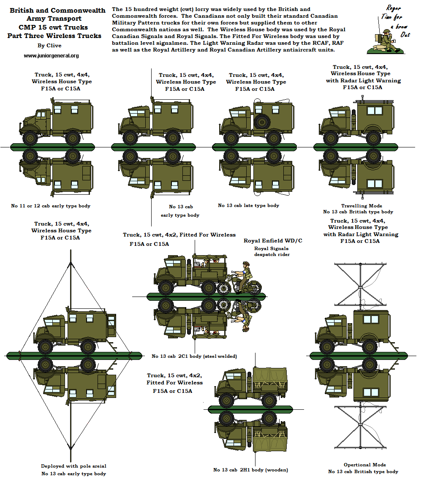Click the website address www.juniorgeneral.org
51,56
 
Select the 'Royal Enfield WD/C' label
273,241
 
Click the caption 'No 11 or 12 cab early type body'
51,206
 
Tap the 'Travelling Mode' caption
358,206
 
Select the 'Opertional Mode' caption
364,465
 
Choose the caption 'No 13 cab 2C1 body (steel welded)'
194,356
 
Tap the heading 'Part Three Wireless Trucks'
54,35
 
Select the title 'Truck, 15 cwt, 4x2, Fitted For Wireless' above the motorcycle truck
179,234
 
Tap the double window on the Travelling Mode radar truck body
374,111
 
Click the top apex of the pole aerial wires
68,252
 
